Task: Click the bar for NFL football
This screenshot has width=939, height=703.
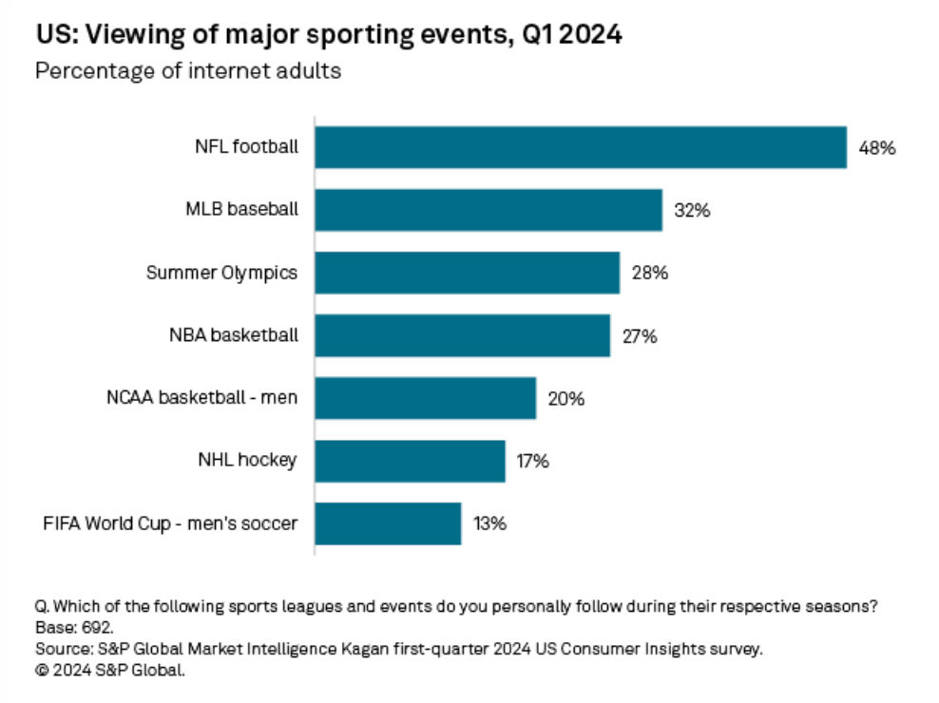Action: point(580,147)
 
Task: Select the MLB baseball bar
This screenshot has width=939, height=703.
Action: point(488,210)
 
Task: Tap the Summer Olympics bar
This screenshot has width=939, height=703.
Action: point(467,273)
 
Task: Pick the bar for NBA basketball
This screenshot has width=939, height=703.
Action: point(462,335)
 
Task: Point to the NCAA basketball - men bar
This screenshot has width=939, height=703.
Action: point(425,398)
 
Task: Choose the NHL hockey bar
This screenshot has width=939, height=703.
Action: point(410,461)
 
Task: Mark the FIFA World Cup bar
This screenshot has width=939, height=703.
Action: point(388,523)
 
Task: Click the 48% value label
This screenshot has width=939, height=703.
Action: point(877,148)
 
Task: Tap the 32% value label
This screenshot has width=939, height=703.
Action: point(691,211)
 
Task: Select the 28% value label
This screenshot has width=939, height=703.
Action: point(650,274)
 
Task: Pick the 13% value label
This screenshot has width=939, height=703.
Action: point(490,524)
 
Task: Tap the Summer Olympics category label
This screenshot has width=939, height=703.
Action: point(221,273)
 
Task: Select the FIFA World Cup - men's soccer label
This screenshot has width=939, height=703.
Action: point(171,523)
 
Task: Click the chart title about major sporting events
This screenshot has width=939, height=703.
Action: point(330,37)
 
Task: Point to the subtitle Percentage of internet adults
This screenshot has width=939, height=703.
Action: point(188,71)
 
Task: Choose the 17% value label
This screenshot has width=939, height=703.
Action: point(532,462)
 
